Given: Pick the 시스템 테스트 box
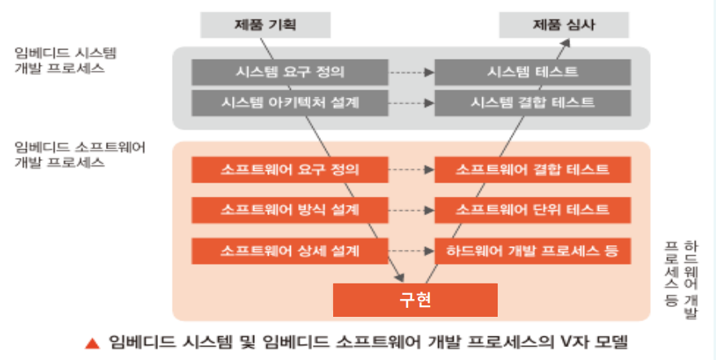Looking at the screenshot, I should (x=533, y=72).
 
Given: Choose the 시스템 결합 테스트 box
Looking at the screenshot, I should (x=533, y=103).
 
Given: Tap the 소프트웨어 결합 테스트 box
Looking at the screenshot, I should (x=533, y=170).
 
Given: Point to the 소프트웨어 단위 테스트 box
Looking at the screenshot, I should (x=533, y=209).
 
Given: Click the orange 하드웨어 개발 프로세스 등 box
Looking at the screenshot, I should (x=533, y=250).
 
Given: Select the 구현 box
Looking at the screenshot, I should (x=415, y=299).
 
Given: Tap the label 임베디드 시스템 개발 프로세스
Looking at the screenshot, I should (x=66, y=60).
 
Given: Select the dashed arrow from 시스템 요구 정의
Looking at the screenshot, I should (x=411, y=72).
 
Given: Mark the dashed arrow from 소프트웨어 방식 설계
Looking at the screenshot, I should (x=411, y=209).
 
